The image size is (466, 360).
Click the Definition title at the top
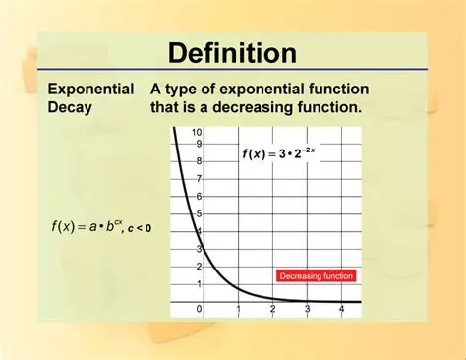pos(232,52)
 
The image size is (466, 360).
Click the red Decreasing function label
pos(316,276)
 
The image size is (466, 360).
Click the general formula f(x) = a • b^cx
pos(87,226)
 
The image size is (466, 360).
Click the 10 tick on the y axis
pos(197,132)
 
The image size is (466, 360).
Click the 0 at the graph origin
pos(200,310)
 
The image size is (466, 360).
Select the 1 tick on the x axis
pos(238,310)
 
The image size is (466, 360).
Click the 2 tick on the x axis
pos(272,310)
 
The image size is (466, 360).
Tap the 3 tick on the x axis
pos(307,310)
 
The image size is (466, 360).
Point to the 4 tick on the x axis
pos(341,310)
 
